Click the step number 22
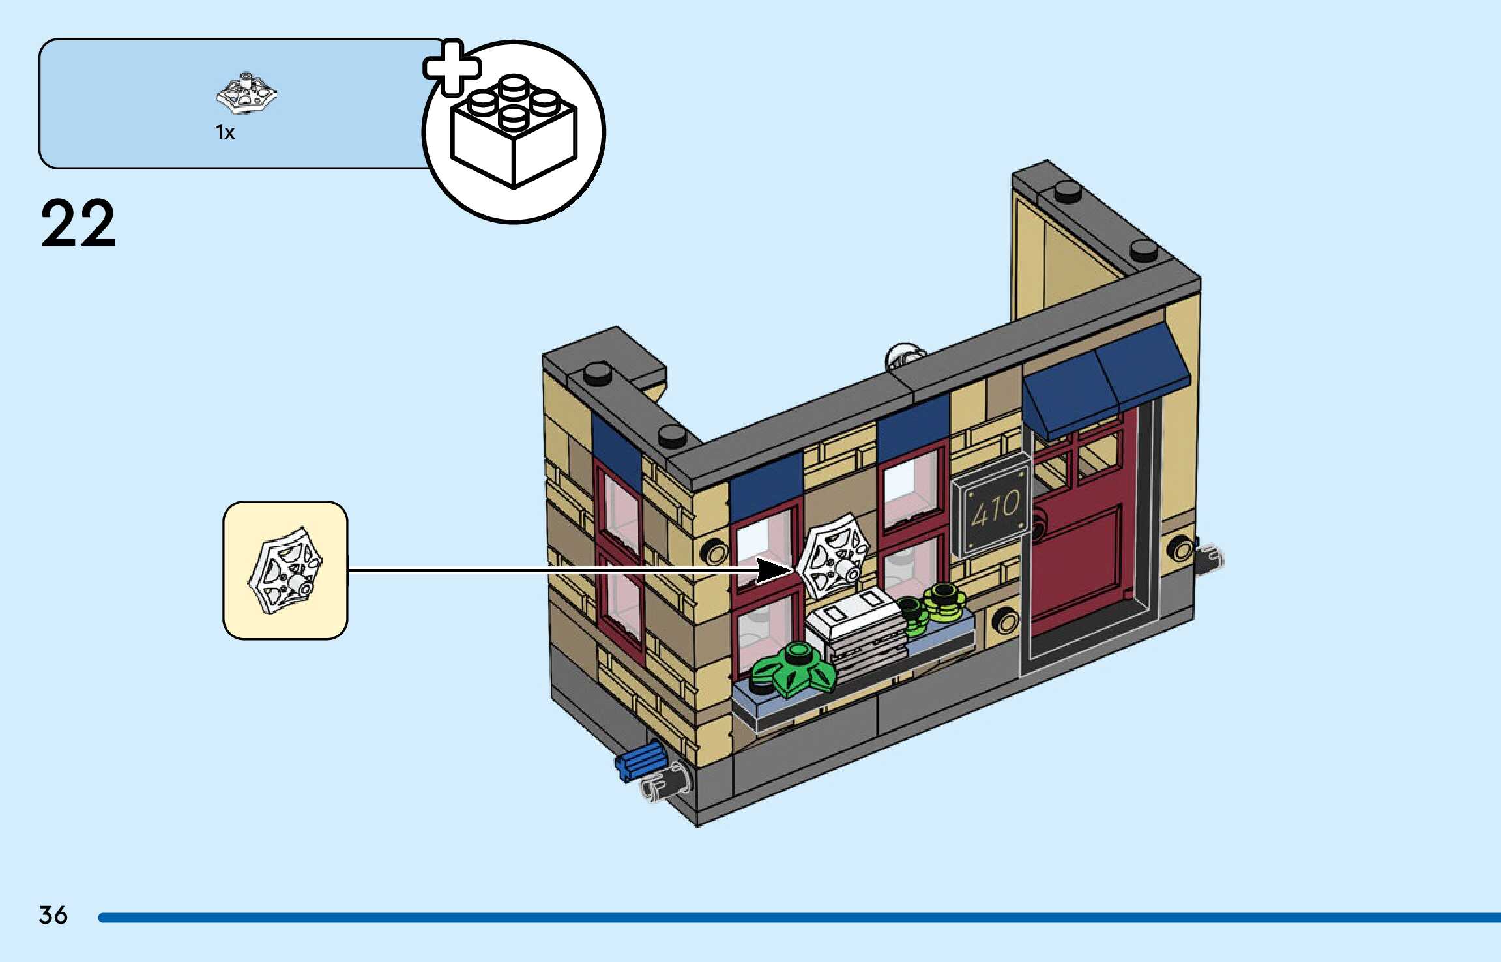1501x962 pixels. click(78, 224)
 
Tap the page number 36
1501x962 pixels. click(53, 914)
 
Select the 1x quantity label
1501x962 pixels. click(225, 132)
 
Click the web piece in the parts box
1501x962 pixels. click(246, 93)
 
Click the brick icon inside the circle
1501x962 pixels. click(514, 132)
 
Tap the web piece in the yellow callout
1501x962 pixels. click(285, 570)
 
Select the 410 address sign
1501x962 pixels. click(991, 509)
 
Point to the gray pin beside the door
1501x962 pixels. click(1210, 559)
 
